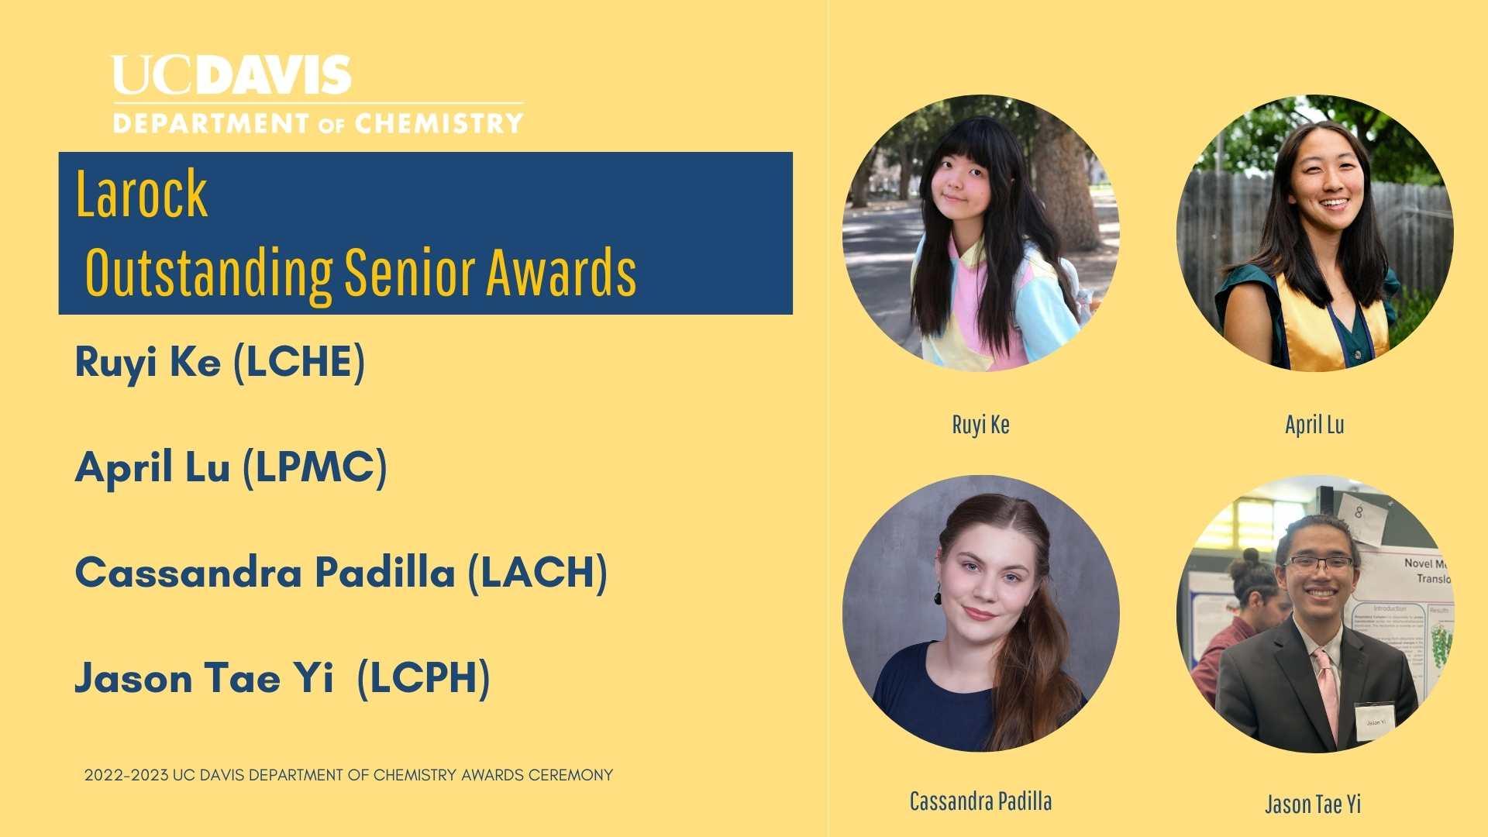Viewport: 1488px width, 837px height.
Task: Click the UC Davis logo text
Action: (232, 75)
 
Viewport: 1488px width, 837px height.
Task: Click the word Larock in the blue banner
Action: (142, 194)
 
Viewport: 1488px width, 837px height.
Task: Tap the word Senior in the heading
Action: (409, 273)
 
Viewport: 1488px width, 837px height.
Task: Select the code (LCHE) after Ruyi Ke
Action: (299, 362)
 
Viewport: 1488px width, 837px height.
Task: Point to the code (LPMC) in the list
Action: (315, 467)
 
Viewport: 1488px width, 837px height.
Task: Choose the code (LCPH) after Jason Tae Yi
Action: (423, 678)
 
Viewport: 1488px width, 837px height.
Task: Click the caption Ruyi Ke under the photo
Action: (980, 425)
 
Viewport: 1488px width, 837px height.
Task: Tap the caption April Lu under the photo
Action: (1314, 425)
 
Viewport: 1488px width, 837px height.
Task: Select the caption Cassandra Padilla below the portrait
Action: (980, 801)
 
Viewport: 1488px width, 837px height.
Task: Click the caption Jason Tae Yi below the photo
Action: (1313, 804)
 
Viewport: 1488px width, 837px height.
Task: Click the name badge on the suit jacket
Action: (1375, 721)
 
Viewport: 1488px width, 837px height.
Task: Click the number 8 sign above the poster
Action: (1359, 513)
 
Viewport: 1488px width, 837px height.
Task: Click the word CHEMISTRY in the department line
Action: (439, 123)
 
